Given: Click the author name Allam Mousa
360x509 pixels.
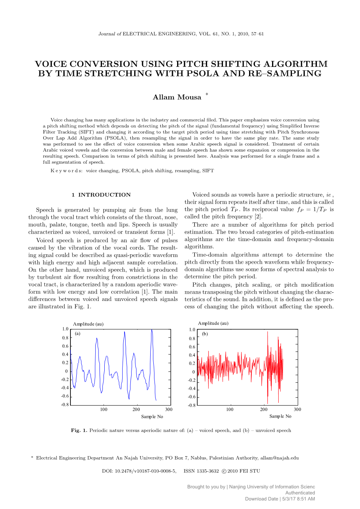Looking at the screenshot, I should pyautogui.click(x=177, y=97).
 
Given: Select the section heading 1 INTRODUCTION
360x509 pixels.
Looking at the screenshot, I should pyautogui.click(x=101, y=195).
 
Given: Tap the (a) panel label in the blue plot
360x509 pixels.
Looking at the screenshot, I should pyautogui.click(x=77, y=334).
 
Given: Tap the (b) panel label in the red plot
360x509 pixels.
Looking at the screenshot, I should pyautogui.click(x=205, y=334).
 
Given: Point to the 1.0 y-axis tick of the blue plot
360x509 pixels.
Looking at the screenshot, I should pyautogui.click(x=65, y=329).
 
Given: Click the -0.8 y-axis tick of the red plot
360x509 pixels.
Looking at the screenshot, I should pyautogui.click(x=191, y=405).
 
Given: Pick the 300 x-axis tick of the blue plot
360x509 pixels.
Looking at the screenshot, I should pyautogui.click(x=169, y=409).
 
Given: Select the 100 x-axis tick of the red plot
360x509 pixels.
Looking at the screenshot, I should pyautogui.click(x=230, y=409).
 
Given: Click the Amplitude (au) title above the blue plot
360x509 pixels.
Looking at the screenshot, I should pyautogui.click(x=88, y=324).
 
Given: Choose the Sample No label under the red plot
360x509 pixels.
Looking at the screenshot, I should pyautogui.click(x=280, y=416).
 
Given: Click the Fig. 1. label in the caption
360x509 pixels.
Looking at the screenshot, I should pyautogui.click(x=79, y=430).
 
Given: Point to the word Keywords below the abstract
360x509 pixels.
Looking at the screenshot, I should pyautogui.click(x=67, y=171).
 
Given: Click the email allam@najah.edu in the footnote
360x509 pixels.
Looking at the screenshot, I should pyautogui.click(x=279, y=458).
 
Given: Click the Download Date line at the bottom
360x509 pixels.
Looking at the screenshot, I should pyautogui.click(x=280, y=499).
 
